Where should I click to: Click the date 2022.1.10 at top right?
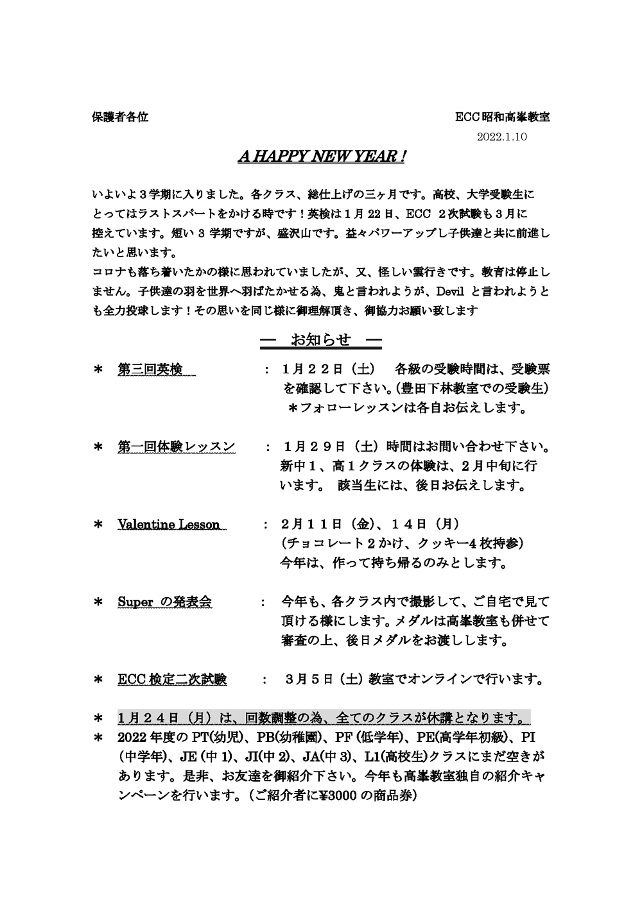point(501,137)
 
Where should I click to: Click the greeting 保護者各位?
point(120,117)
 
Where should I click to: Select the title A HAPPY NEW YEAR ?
point(320,157)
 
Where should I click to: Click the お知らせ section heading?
point(321,340)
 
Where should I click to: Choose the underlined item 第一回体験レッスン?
point(177,446)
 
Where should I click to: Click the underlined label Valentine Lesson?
point(169,524)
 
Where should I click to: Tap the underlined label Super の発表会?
point(165,602)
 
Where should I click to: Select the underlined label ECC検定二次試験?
point(172,679)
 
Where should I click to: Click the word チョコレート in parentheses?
point(325,544)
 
